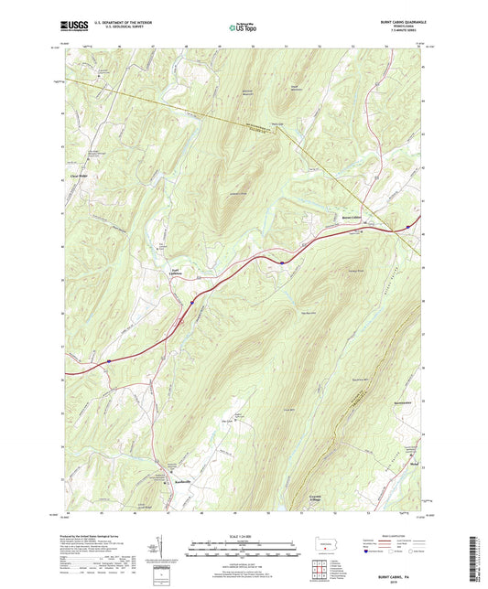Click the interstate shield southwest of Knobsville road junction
point(107,361)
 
